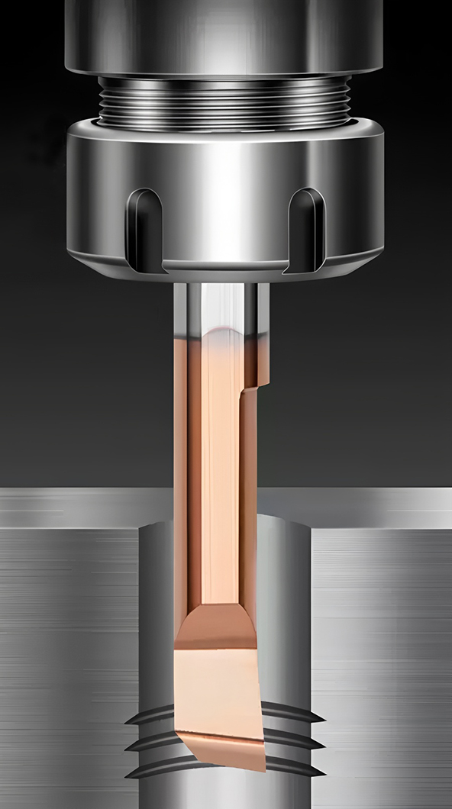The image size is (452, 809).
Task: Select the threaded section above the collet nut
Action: pyautogui.click(x=225, y=103)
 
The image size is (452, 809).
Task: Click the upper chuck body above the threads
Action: pyautogui.click(x=225, y=34)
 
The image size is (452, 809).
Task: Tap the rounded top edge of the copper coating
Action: pyautogui.click(x=221, y=331)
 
